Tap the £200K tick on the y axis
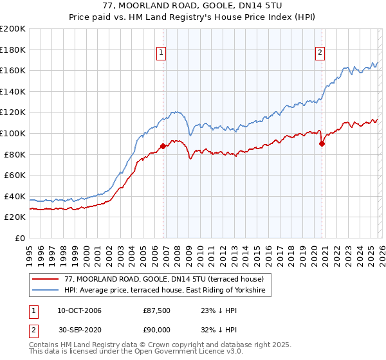pyautogui.click(x=13, y=29)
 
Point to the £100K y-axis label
pyautogui.click(x=13, y=133)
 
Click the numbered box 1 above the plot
pyautogui.click(x=160, y=53)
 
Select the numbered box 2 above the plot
pyautogui.click(x=320, y=53)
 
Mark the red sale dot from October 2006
pyautogui.click(x=163, y=146)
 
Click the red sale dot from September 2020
pyautogui.click(x=322, y=143)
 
